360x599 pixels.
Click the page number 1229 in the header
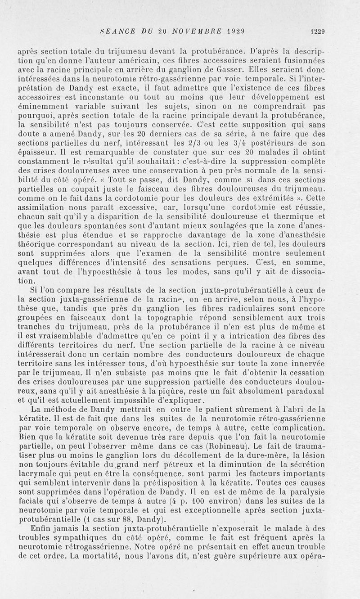tap(317, 31)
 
